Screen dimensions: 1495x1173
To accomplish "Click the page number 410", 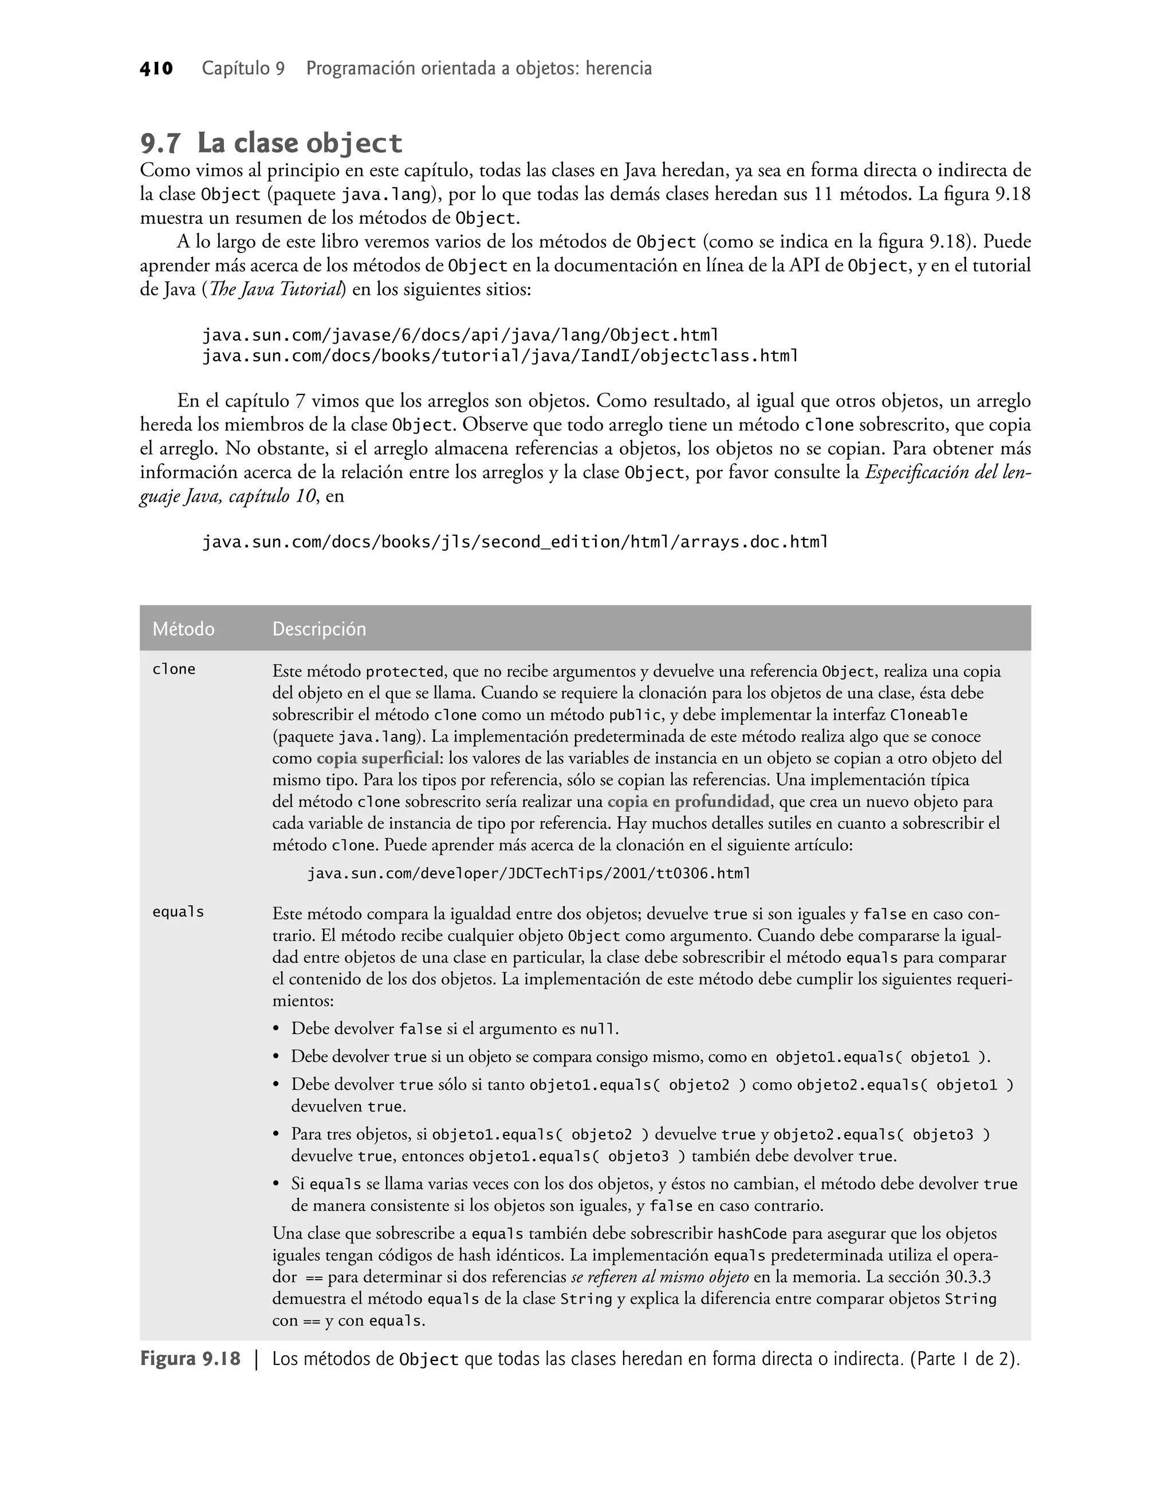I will coord(156,69).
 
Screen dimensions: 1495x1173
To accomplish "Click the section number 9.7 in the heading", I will coord(161,144).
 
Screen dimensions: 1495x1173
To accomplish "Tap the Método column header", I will coord(183,629).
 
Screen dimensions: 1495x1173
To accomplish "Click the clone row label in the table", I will coord(174,669).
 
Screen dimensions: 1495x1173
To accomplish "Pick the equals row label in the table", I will coord(178,912).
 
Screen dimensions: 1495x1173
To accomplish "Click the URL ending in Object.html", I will coord(459,336).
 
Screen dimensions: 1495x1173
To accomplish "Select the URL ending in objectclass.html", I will coord(499,356).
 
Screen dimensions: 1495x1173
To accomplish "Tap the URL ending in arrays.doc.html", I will coord(514,542).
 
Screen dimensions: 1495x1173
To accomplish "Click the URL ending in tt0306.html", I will coord(528,873).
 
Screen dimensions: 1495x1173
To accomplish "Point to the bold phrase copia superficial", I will coord(377,759).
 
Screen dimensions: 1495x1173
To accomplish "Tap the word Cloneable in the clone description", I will coord(928,715).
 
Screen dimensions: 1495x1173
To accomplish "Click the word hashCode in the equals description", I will coord(752,1233).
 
